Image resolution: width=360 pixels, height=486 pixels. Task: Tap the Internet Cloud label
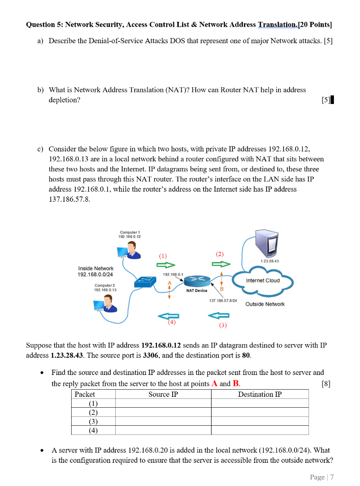(x=262, y=280)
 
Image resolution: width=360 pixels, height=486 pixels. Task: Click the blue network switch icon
(x=145, y=282)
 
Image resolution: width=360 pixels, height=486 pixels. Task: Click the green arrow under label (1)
(x=163, y=265)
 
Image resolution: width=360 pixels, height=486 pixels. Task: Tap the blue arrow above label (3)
(x=219, y=315)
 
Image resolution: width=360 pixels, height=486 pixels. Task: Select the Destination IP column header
(x=259, y=394)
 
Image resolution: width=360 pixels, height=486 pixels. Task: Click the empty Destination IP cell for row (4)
(x=259, y=430)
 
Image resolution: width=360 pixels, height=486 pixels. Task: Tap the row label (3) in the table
(x=93, y=421)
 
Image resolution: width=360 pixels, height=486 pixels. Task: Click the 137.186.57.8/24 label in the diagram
(x=222, y=300)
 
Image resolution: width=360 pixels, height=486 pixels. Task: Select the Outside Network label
(x=265, y=304)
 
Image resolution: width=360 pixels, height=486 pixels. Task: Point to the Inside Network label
(x=95, y=268)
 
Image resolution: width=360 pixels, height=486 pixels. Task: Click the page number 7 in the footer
(x=332, y=477)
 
